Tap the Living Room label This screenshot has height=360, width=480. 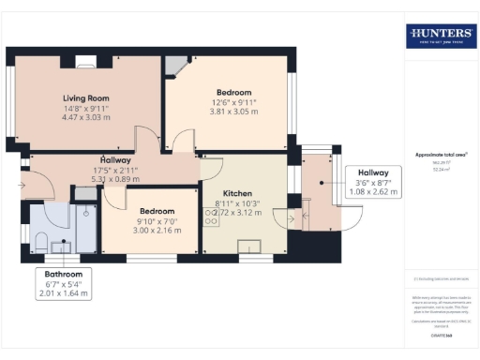(x=86, y=97)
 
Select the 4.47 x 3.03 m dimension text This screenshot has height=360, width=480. (x=86, y=118)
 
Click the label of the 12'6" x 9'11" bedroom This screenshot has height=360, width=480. (x=233, y=92)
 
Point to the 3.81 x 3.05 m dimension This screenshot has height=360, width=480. (x=233, y=112)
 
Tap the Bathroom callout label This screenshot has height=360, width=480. (x=64, y=274)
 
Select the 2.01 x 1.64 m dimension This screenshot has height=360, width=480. (x=64, y=293)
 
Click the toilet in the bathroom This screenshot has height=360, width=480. (x=39, y=243)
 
